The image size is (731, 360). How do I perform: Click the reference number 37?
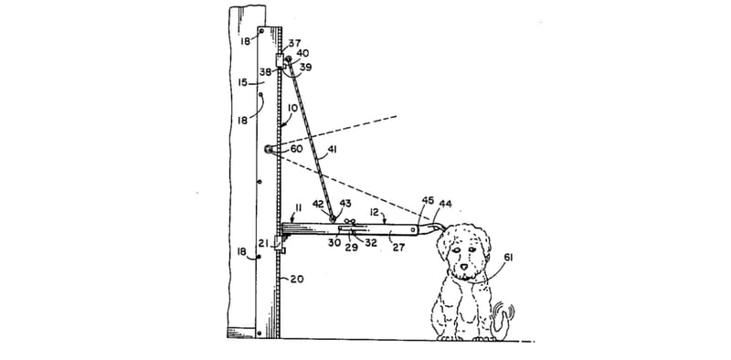[294, 43]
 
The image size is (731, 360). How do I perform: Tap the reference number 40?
[302, 54]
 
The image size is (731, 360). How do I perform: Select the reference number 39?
[306, 67]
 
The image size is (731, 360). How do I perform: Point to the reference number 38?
[266, 73]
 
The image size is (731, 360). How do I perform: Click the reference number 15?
[242, 83]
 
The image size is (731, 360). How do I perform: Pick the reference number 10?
[292, 108]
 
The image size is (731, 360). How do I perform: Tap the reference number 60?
[296, 149]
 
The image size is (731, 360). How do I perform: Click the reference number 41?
[333, 150]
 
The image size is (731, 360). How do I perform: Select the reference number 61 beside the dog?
[508, 257]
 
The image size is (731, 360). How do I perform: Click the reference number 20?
[297, 280]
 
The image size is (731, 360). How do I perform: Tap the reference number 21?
[264, 242]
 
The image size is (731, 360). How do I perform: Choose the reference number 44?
[445, 204]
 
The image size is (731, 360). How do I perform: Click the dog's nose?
[464, 267]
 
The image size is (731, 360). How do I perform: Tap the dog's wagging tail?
[500, 321]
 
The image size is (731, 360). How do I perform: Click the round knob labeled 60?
[268, 149]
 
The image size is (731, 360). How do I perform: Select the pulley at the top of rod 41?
[289, 59]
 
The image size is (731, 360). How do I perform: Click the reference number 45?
[428, 200]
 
